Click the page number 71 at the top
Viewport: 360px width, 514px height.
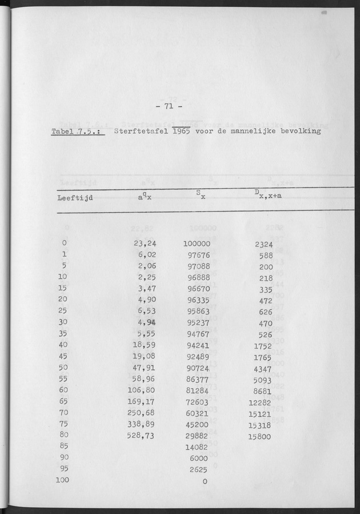click(169, 106)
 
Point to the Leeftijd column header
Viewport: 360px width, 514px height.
click(75, 198)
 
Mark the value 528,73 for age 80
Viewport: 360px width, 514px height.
click(142, 435)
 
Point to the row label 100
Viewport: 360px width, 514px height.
click(62, 480)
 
